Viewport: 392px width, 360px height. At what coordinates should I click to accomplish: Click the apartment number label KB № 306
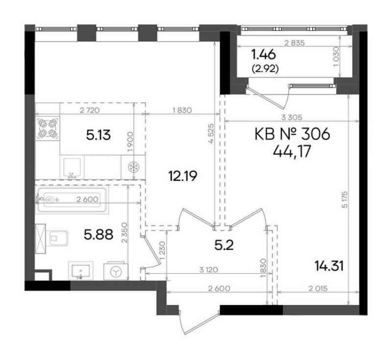pyautogui.click(x=292, y=134)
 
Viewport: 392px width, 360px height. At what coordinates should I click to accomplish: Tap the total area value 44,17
pyautogui.click(x=292, y=151)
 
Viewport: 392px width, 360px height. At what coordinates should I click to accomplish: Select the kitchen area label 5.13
pyautogui.click(x=98, y=135)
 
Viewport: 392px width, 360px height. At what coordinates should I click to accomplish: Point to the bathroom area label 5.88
pyautogui.click(x=98, y=235)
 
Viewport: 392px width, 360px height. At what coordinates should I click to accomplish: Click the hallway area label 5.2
pyautogui.click(x=224, y=245)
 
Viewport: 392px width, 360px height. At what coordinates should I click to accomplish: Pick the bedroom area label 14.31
pyautogui.click(x=329, y=266)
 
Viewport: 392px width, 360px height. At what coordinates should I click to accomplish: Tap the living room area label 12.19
pyautogui.click(x=182, y=176)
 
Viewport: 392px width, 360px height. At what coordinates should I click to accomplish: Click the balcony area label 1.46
pyautogui.click(x=263, y=54)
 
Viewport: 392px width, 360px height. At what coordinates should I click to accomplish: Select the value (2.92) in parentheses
pyautogui.click(x=265, y=69)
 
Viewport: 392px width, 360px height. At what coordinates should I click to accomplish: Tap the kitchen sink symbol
pyautogui.click(x=72, y=168)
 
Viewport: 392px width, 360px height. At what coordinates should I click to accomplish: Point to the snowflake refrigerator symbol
pyautogui.click(x=133, y=167)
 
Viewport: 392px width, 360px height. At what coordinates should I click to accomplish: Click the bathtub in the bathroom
pyautogui.click(x=72, y=200)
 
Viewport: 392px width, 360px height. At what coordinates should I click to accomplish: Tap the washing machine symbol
pyautogui.click(x=116, y=271)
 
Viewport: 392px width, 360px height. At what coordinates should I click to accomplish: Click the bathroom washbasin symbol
pyautogui.click(x=81, y=270)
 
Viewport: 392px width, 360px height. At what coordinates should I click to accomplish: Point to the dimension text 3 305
pyautogui.click(x=292, y=117)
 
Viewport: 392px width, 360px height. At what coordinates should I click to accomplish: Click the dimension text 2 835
pyautogui.click(x=294, y=43)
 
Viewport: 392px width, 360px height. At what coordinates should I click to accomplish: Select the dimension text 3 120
pyautogui.click(x=209, y=270)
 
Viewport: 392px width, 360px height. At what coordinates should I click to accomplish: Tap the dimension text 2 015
pyautogui.click(x=318, y=289)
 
